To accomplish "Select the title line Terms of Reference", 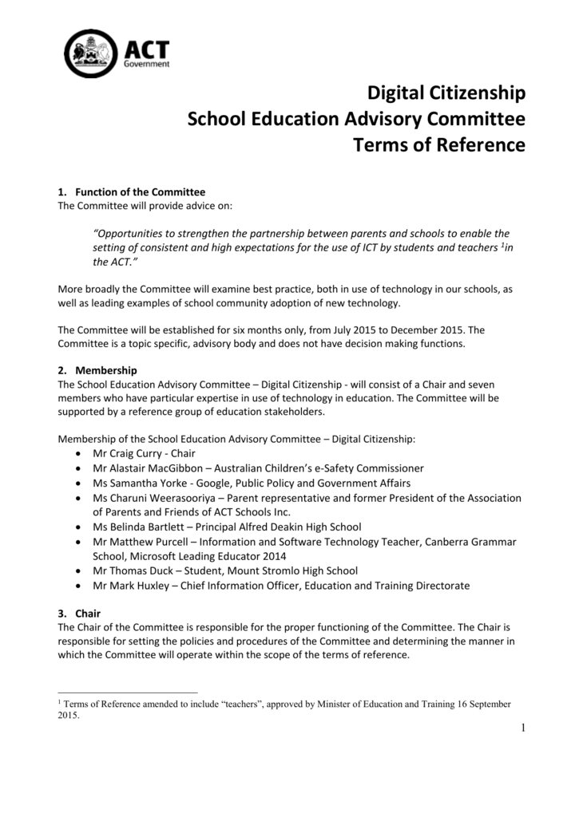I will point(439,145).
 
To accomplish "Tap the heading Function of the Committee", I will point(140,192).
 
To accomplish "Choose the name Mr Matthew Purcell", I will point(144,542).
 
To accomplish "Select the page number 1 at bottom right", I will point(521,727).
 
